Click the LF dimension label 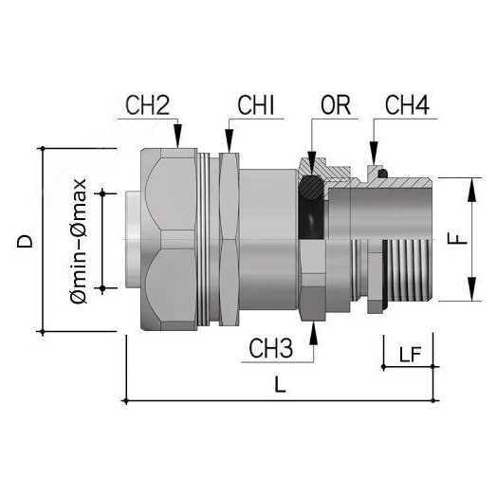tap(409, 355)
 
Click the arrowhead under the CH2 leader tap(175, 141)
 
